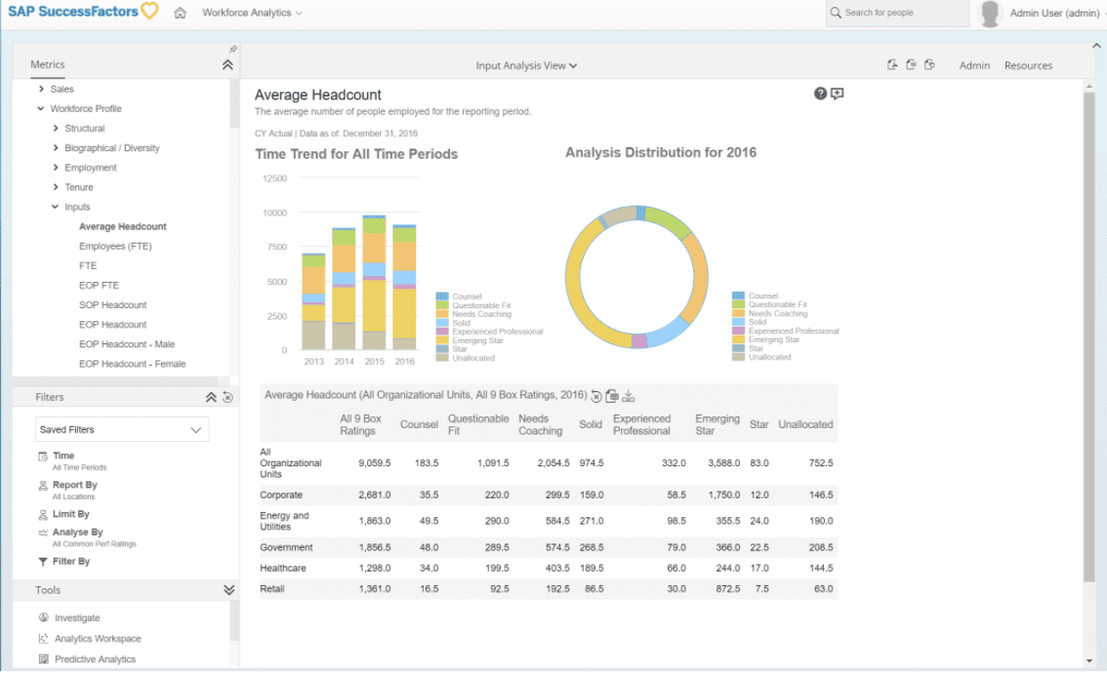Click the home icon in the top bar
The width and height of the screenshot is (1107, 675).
[x=180, y=13]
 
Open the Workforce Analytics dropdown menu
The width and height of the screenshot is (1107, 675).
[x=252, y=13]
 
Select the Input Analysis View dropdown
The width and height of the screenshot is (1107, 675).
[x=526, y=65]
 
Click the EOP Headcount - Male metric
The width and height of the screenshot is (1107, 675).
[x=127, y=344]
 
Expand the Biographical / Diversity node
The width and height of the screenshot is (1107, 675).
[x=56, y=148]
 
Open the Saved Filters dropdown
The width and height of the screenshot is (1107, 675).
[x=122, y=429]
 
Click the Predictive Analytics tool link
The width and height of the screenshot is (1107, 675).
[x=95, y=659]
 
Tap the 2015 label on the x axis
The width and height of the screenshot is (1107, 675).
[x=374, y=361]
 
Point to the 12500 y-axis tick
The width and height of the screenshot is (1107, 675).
[x=275, y=179]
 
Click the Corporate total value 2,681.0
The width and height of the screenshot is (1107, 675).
[x=374, y=496]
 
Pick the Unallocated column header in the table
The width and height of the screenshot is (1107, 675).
[x=805, y=424]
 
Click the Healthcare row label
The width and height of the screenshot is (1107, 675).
[x=284, y=568]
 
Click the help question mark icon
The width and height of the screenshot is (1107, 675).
[x=820, y=94]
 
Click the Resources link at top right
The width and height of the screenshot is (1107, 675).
[x=1028, y=65]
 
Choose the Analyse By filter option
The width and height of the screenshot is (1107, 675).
[x=77, y=533]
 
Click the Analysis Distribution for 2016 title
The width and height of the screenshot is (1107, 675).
[x=660, y=152]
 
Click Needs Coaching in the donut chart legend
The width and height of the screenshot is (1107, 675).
[x=777, y=313]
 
